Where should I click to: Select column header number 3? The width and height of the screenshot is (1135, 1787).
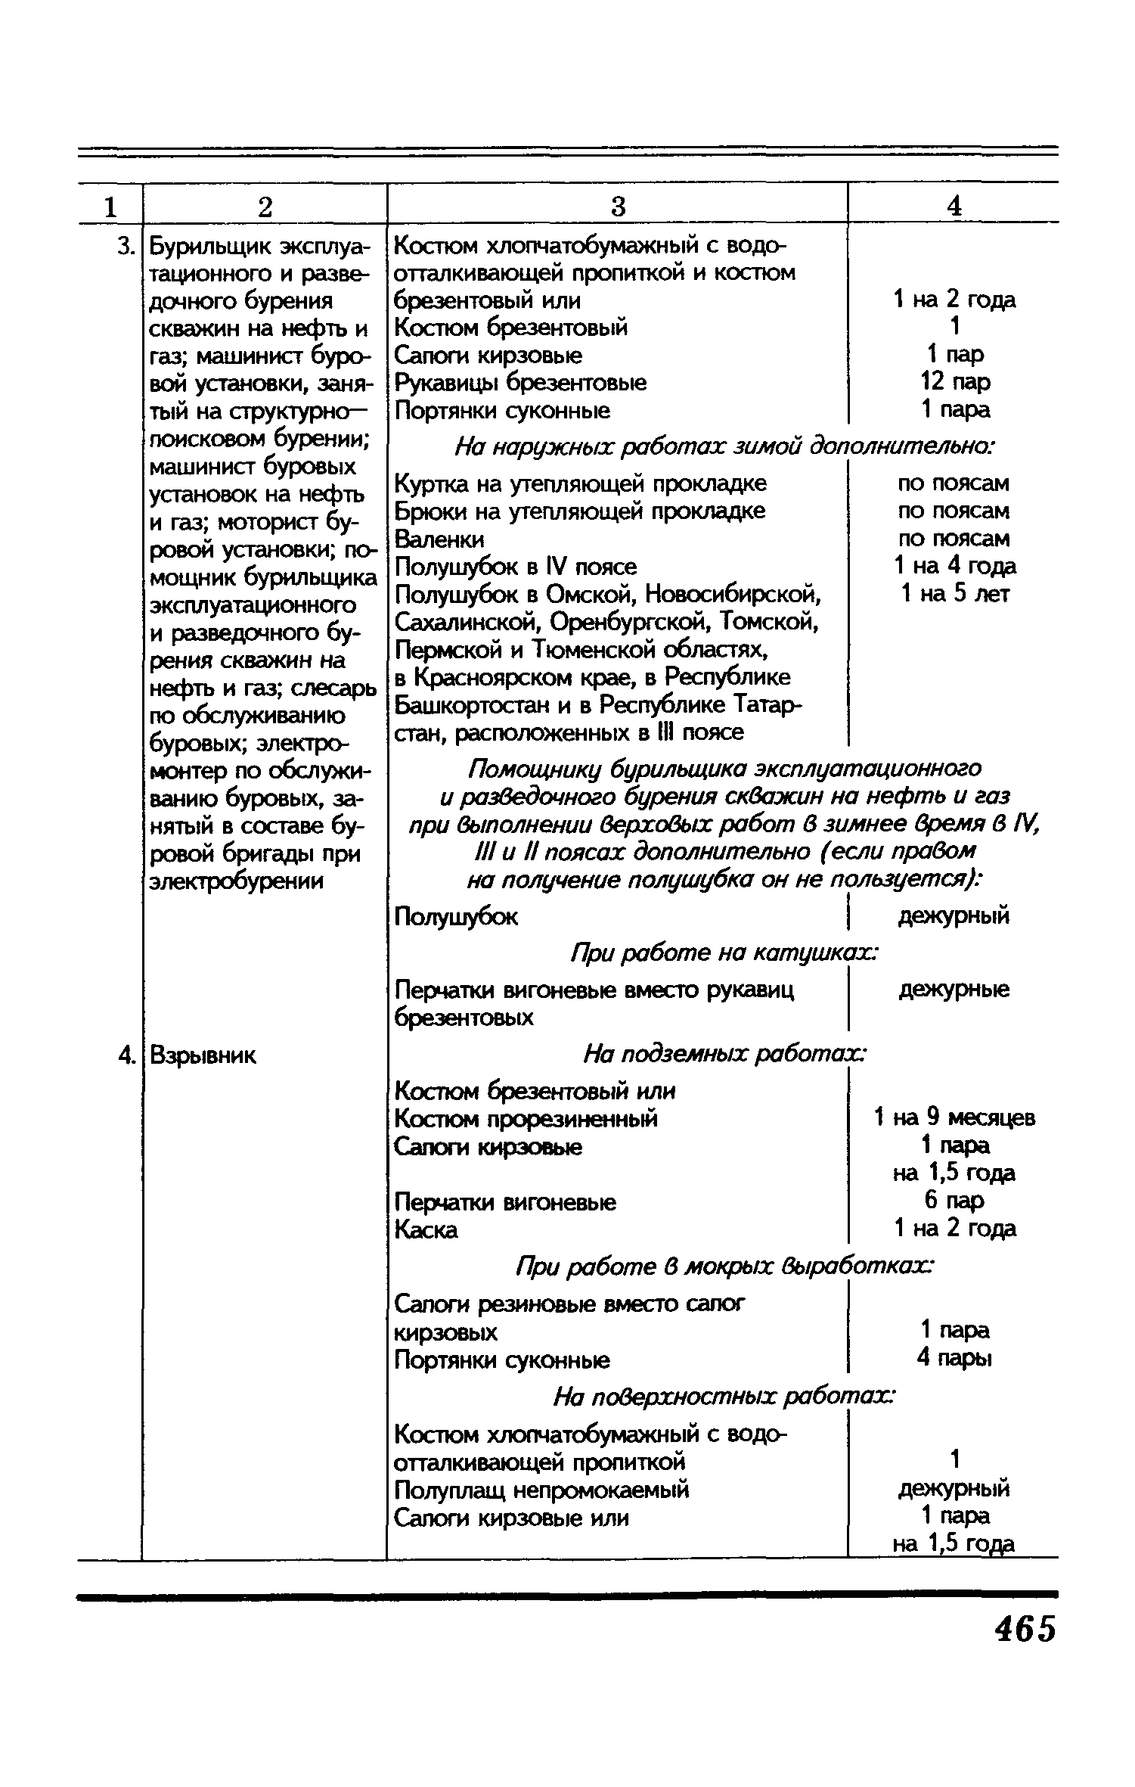coord(618,207)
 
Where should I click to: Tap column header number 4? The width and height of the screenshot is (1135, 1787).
coord(954,207)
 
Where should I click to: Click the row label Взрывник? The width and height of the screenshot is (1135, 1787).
coord(203,1055)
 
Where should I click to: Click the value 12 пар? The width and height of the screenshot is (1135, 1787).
coord(954,382)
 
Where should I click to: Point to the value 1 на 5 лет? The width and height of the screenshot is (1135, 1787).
coord(954,594)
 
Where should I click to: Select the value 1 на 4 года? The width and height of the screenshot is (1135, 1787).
coord(954,566)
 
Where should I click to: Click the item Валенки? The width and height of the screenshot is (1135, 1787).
coord(439,539)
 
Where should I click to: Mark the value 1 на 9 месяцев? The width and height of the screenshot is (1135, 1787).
coord(954,1117)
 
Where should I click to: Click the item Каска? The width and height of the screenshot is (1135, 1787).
coord(426,1230)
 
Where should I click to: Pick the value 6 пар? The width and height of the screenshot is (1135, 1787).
coord(954,1201)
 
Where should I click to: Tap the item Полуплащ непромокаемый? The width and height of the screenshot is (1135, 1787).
coord(542,1490)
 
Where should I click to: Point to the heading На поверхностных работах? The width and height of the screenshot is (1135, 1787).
coord(724,1397)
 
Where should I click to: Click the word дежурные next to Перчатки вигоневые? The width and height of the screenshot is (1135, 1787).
coord(954,990)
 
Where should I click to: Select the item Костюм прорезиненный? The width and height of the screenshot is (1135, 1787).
coord(526,1118)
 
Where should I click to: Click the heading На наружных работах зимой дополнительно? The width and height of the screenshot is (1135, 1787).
coord(724,447)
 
